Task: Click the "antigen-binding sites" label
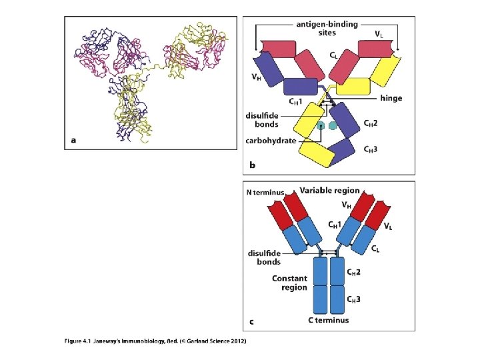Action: pyautogui.click(x=327, y=29)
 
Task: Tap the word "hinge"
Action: pyautogui.click(x=391, y=99)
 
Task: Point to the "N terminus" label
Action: pyautogui.click(x=265, y=193)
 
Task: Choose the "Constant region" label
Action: pyautogui.click(x=289, y=283)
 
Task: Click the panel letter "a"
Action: pyautogui.click(x=73, y=140)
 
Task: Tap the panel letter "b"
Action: pyautogui.click(x=251, y=164)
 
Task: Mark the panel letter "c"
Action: pyautogui.click(x=251, y=323)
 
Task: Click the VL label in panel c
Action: pyautogui.click(x=388, y=226)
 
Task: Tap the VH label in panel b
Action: pyautogui.click(x=256, y=77)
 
